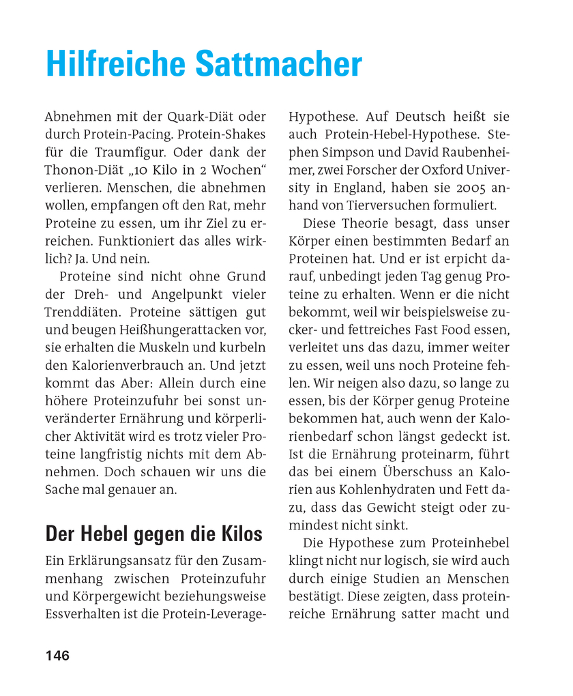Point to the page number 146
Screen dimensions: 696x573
[x=57, y=656]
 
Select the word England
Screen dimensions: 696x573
[x=368, y=188]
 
